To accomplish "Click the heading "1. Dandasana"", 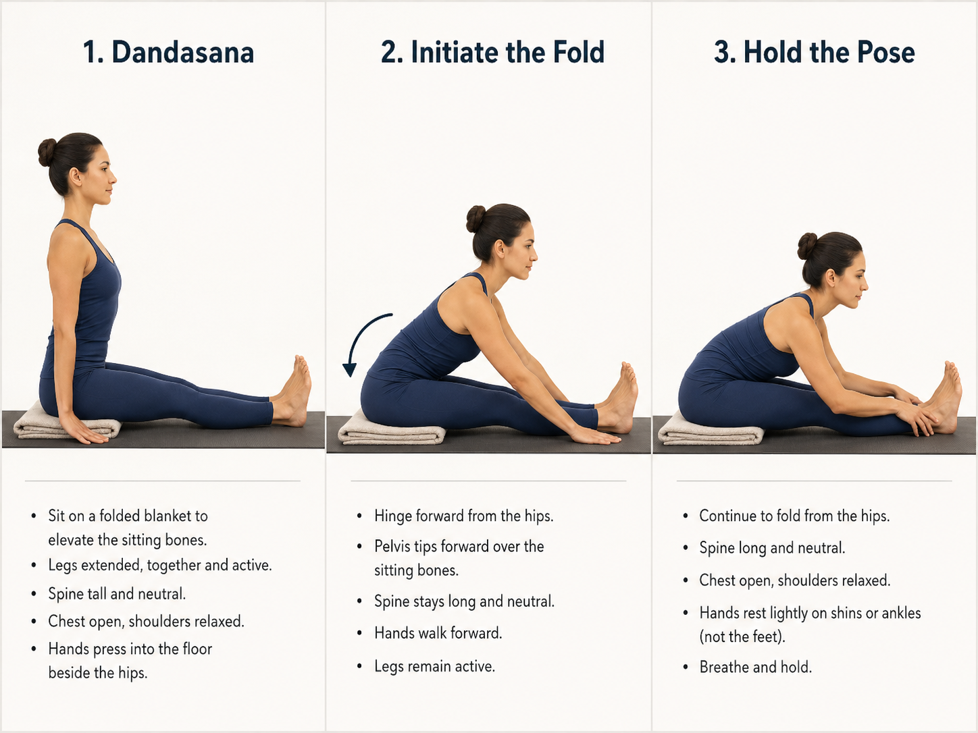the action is pyautogui.click(x=168, y=53).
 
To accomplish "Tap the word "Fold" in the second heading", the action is pyautogui.click(x=578, y=53).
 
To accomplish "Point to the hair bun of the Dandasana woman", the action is pyautogui.click(x=47, y=153).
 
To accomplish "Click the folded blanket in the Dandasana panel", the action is pyautogui.click(x=67, y=423).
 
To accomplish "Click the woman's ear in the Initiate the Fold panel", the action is pyautogui.click(x=500, y=250).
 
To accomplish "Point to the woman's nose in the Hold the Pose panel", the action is pyautogui.click(x=865, y=284).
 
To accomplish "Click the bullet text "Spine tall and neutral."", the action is pyautogui.click(x=117, y=594).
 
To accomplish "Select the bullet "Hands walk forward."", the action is pyautogui.click(x=438, y=633).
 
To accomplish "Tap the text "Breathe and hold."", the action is pyautogui.click(x=755, y=667).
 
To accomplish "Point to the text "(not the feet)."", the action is pyautogui.click(x=742, y=637).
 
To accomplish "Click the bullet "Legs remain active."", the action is pyautogui.click(x=434, y=666).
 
